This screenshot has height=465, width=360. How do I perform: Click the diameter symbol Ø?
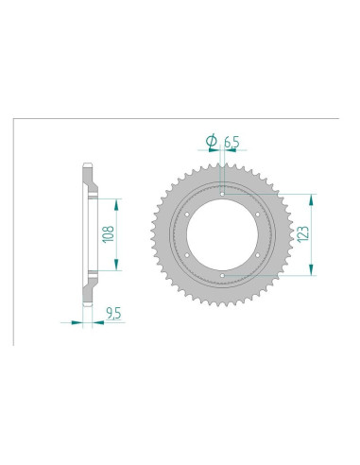point(211,141)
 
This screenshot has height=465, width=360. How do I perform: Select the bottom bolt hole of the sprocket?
point(220,277)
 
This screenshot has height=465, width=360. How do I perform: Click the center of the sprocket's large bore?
point(220,234)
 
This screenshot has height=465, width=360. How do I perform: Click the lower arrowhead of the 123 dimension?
point(309,272)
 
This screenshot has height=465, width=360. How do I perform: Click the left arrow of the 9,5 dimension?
point(76,321)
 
